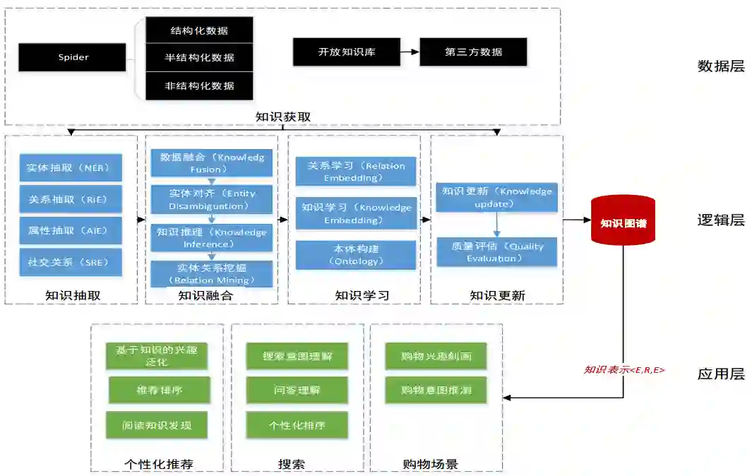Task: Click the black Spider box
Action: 73,57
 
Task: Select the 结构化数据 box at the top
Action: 199,31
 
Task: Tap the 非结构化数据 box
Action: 199,85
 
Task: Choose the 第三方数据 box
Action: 473,52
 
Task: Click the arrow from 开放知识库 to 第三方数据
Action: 409,52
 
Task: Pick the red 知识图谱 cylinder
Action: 623,222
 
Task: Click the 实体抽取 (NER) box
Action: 71,168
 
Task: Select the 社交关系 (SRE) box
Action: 71,262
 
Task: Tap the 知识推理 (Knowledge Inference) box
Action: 211,238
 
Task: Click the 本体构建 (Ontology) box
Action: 355,255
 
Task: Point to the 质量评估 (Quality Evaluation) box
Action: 496,252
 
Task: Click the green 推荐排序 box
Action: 159,390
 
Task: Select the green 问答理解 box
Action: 297,390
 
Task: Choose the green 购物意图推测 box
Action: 436,390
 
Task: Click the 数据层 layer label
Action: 720,66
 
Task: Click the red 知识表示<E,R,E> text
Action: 623,369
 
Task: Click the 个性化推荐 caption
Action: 158,464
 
